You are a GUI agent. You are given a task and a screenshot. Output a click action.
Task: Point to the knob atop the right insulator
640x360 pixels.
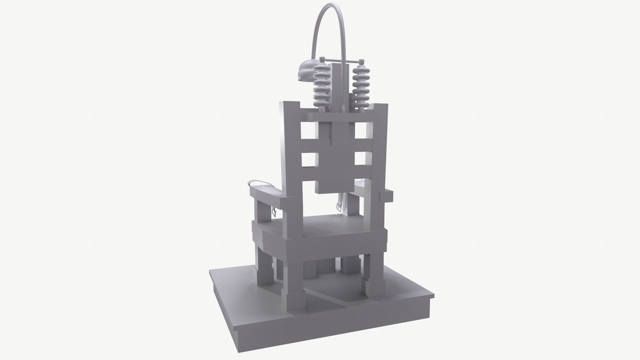coord(361,61)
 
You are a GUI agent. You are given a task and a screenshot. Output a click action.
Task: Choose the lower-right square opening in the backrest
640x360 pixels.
coord(361,159)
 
